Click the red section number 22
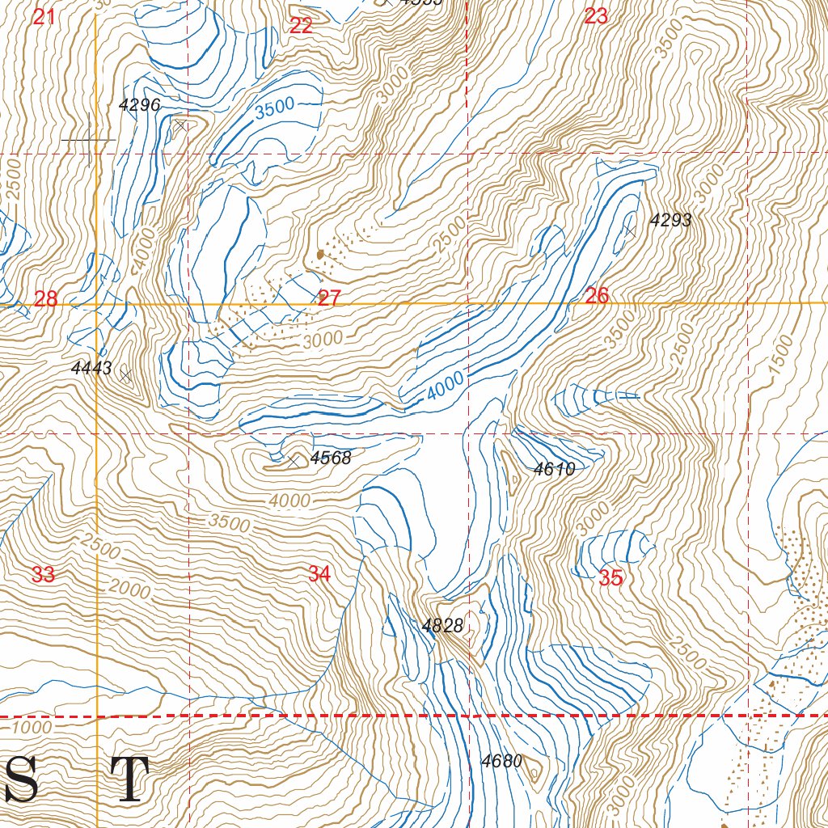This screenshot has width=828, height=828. [x=301, y=26]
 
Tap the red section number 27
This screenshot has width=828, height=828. [x=329, y=298]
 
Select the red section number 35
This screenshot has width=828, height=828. [x=611, y=578]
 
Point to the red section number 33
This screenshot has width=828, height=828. [x=43, y=575]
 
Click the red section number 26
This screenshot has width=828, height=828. [x=597, y=296]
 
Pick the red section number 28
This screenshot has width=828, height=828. [x=46, y=299]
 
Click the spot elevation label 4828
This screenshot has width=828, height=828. [x=442, y=625]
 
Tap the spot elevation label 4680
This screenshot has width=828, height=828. [x=501, y=761]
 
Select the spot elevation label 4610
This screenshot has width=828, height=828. [x=554, y=469]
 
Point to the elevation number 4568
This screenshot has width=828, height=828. [x=331, y=458]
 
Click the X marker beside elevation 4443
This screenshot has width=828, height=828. [x=125, y=374]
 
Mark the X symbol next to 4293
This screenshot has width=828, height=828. [x=630, y=230]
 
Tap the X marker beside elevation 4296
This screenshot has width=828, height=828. [x=180, y=125]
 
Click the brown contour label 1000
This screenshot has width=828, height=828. [x=32, y=727]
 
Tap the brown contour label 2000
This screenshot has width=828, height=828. [x=129, y=590]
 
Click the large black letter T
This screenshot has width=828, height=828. [x=129, y=779]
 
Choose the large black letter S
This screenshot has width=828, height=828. [x=19, y=779]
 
